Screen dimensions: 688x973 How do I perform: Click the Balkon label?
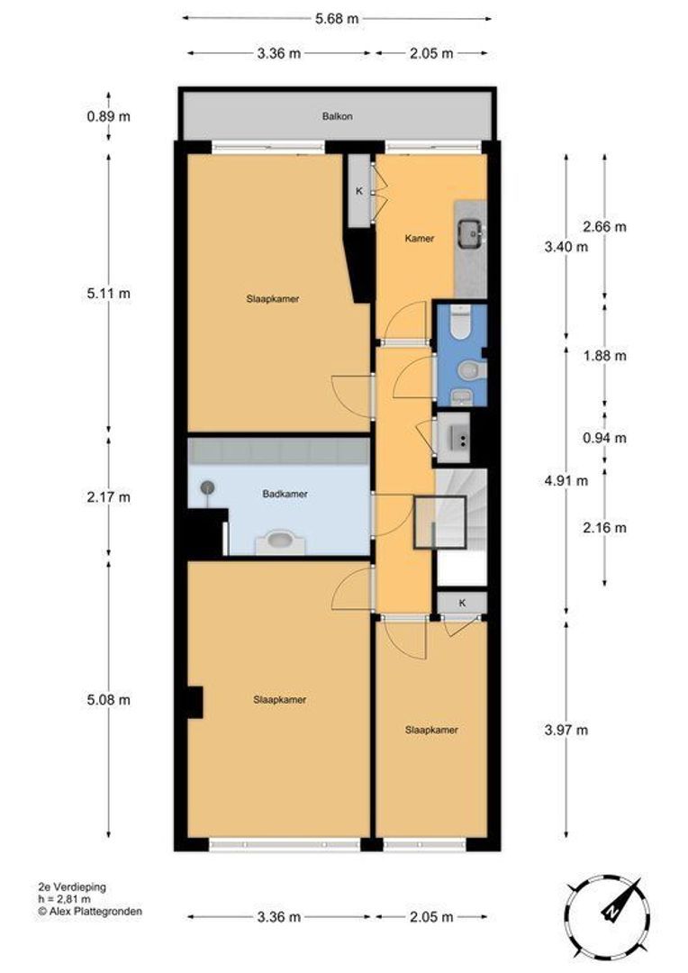pyautogui.click(x=338, y=116)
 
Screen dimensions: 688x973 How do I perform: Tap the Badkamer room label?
pyautogui.click(x=285, y=494)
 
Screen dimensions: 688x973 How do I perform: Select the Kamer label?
pyautogui.click(x=420, y=238)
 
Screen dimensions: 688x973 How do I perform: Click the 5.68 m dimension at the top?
pyautogui.click(x=337, y=19)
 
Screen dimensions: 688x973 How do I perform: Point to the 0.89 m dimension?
pyautogui.click(x=109, y=116)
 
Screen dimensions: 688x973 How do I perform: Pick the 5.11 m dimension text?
pyautogui.click(x=109, y=294)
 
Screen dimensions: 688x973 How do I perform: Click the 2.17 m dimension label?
pyautogui.click(x=109, y=497)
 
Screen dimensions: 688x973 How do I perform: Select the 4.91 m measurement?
pyautogui.click(x=566, y=480)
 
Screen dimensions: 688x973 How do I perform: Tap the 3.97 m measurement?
pyautogui.click(x=566, y=730)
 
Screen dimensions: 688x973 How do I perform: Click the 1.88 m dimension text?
pyautogui.click(x=605, y=356)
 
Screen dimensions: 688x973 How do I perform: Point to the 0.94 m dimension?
pyautogui.click(x=605, y=438)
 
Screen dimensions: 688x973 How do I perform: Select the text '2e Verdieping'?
pyautogui.click(x=72, y=887)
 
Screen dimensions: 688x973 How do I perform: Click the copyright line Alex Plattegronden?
pyautogui.click(x=90, y=912)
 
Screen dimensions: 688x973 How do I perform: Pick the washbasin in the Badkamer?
pyautogui.click(x=280, y=541)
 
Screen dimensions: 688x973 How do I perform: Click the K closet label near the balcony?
pyautogui.click(x=359, y=192)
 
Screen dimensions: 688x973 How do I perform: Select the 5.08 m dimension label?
pyautogui.click(x=109, y=700)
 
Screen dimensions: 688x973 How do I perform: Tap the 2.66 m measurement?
pyautogui.click(x=605, y=226)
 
